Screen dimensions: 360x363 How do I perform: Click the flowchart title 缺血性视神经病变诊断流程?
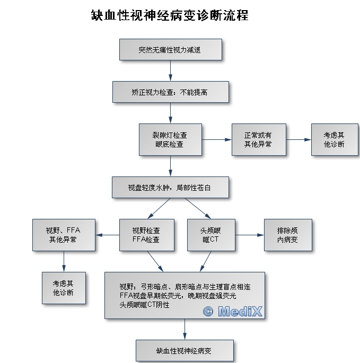pyautogui.click(x=170, y=15)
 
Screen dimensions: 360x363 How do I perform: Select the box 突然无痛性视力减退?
pyautogui.click(x=171, y=49)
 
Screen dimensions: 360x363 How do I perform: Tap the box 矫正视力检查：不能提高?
pyautogui.click(x=171, y=92)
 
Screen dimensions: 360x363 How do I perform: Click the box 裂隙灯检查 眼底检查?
pyautogui.click(x=170, y=139)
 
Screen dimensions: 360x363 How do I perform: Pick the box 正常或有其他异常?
pyautogui.click(x=259, y=139)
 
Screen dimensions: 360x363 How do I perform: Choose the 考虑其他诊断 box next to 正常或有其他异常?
pyautogui.click(x=335, y=139)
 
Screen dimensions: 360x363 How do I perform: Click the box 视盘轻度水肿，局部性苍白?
pyautogui.click(x=170, y=188)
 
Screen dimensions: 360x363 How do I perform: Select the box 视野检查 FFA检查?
pyautogui.click(x=147, y=235)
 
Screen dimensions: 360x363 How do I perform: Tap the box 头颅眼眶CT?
pyautogui.click(x=211, y=235)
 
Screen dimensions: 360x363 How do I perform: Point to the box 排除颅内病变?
pyautogui.click(x=288, y=235)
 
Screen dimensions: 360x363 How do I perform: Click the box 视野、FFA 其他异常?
pyautogui.click(x=64, y=235)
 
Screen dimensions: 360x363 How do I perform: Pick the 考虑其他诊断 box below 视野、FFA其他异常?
pyautogui.click(x=64, y=288)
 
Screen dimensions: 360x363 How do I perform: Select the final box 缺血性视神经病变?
pyautogui.click(x=185, y=351)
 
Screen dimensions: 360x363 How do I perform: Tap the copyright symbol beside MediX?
pyautogui.click(x=208, y=312)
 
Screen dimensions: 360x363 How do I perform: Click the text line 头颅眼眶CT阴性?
pyautogui.click(x=144, y=305)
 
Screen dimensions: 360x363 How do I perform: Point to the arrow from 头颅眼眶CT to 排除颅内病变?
pyautogui.click(x=250, y=235)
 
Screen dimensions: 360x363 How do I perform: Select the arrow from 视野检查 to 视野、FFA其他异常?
pyautogui.click(x=107, y=235)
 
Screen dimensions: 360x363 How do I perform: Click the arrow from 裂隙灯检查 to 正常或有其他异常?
pyautogui.click(x=217, y=139)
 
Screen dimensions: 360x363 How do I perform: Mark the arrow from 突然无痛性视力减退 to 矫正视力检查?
pyautogui.click(x=171, y=71)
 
